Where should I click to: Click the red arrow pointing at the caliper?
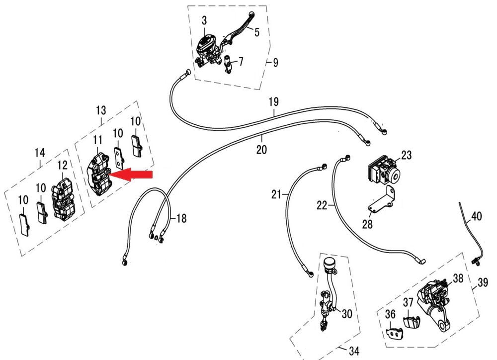[x=132, y=174]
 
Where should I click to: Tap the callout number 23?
[x=407, y=156]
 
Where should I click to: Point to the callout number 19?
[x=274, y=102]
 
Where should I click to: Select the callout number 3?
[x=204, y=20]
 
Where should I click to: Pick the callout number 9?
[x=275, y=63]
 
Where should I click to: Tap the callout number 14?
[x=40, y=153]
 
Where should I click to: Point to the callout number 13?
[x=101, y=109]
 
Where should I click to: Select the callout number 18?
[x=181, y=218]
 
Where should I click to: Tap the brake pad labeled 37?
[x=411, y=321]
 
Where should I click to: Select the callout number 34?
[x=353, y=352]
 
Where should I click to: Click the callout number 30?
[x=346, y=314]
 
